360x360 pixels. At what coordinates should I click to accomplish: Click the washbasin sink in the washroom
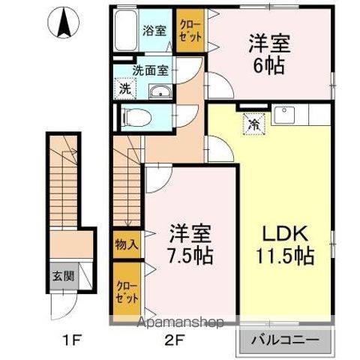pos(159,91)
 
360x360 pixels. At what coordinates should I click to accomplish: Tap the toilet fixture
pos(135,116)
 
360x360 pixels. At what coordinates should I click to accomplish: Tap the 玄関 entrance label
pos(63,275)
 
